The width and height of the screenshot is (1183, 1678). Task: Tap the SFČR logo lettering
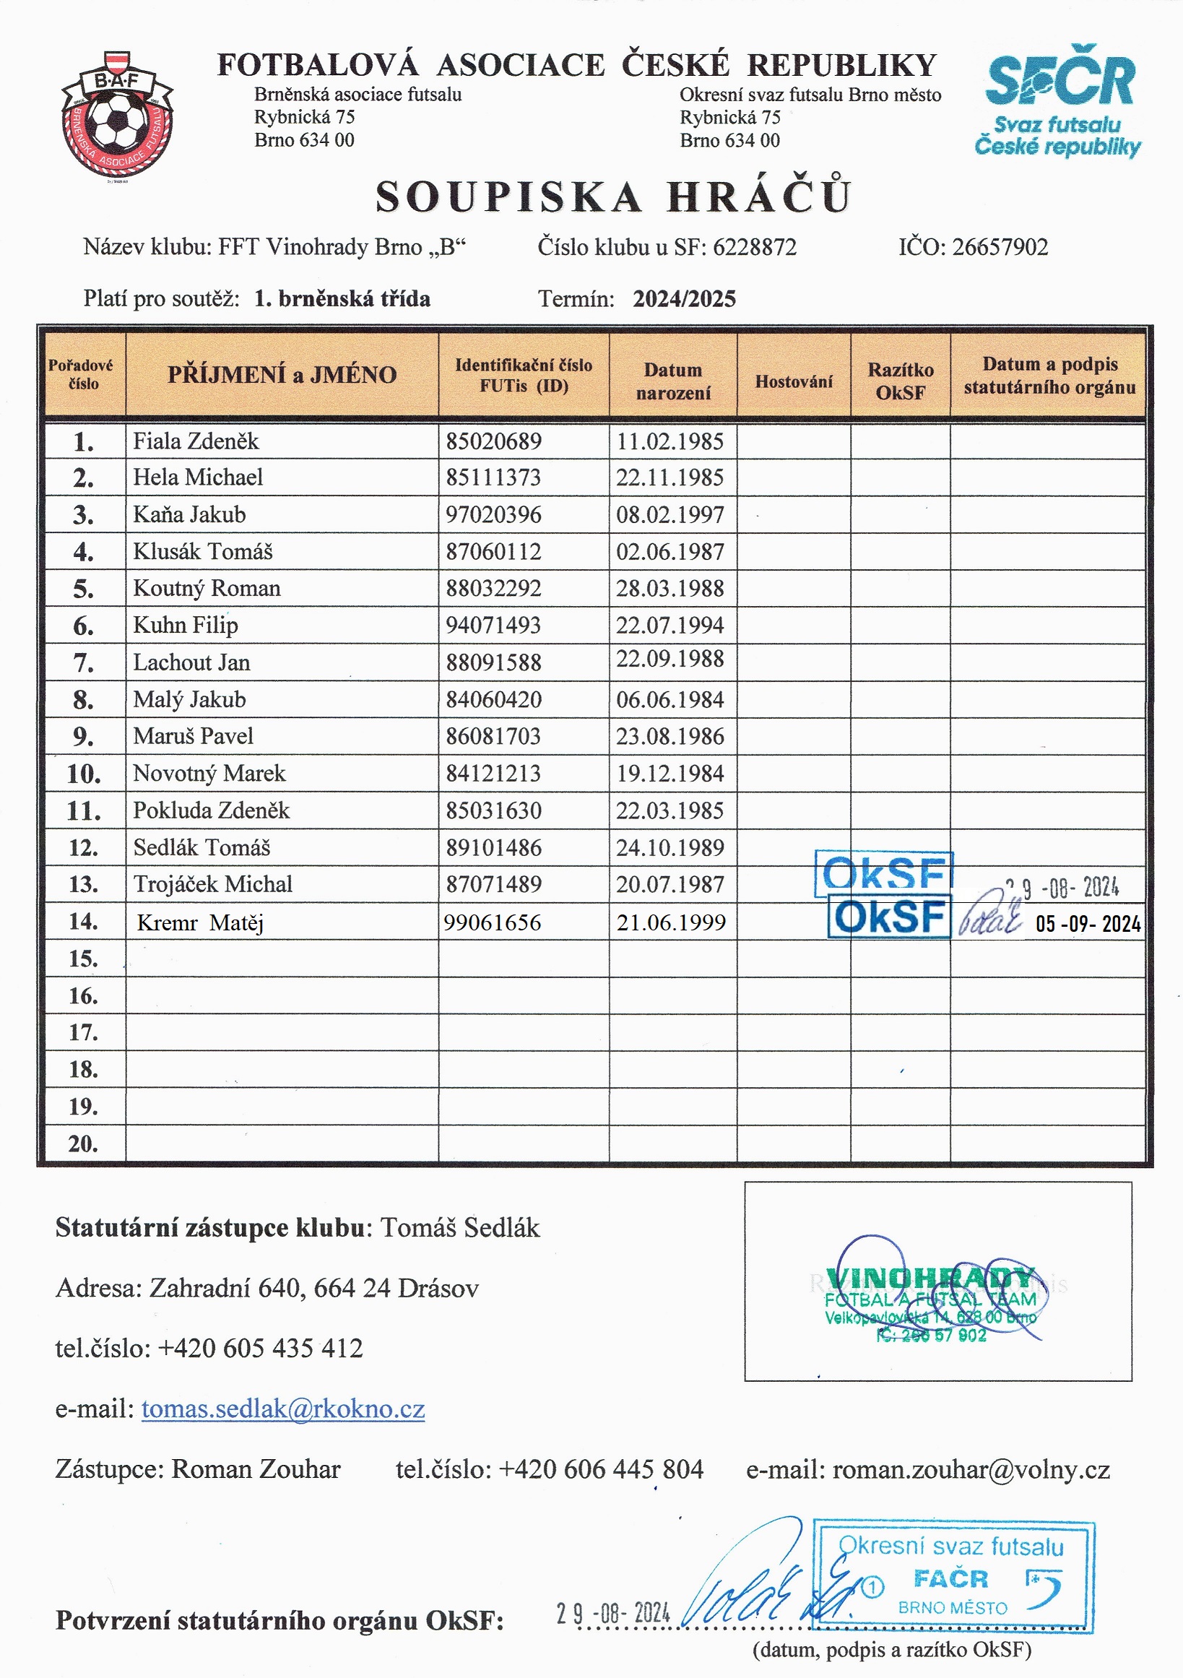click(1059, 77)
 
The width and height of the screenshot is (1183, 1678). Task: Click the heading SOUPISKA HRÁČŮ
click(613, 196)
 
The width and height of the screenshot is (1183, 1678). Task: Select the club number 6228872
click(754, 247)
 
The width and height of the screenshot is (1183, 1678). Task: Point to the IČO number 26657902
click(1000, 247)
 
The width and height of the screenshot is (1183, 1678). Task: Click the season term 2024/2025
click(684, 299)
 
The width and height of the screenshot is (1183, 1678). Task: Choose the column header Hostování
click(794, 381)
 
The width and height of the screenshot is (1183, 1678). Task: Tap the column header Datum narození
click(672, 381)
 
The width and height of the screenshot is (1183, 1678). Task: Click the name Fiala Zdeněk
click(196, 441)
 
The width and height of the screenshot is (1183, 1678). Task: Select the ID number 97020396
click(494, 514)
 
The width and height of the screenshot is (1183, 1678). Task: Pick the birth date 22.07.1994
click(670, 625)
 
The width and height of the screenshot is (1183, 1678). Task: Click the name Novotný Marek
click(209, 773)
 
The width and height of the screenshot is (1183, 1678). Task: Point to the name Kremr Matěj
click(200, 922)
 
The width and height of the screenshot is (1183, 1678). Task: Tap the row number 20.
click(83, 1143)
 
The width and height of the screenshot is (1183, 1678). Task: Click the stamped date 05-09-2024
click(1088, 924)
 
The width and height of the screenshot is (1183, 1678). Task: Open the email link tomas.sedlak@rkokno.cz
click(283, 1409)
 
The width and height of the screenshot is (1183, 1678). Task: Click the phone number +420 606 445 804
click(601, 1469)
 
